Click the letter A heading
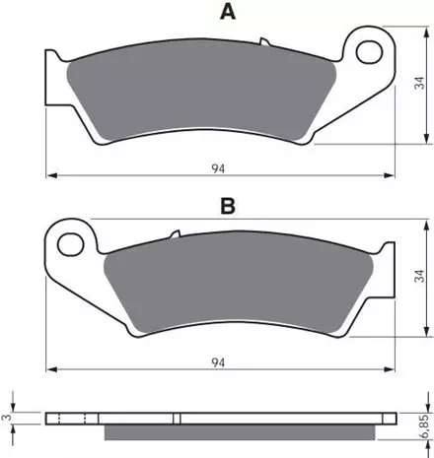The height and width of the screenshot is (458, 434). click(228, 13)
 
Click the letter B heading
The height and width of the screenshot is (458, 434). click(228, 206)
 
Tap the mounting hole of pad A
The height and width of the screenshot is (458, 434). click(369, 52)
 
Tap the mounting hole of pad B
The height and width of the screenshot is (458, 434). click(71, 244)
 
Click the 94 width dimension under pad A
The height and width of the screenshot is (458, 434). click(218, 168)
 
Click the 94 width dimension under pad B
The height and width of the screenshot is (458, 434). click(218, 362)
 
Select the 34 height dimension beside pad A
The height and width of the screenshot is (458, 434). click(420, 83)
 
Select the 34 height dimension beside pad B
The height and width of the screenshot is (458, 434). click(420, 276)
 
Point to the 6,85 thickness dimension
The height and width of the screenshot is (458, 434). click(424, 426)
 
